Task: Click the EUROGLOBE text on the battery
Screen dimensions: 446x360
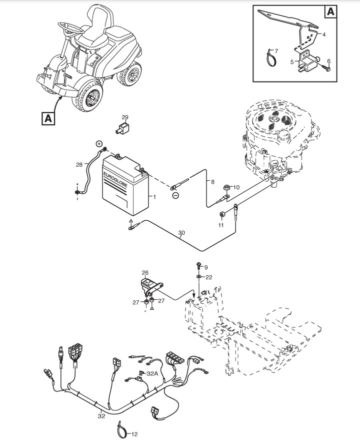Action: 115,178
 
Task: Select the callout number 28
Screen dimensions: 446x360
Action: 79,165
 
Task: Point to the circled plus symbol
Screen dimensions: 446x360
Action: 99,144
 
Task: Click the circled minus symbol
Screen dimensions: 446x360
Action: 175,196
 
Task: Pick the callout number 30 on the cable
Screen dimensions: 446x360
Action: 181,233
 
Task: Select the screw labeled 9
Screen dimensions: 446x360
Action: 198,267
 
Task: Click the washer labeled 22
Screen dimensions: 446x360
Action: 198,276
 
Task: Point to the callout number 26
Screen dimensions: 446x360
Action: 145,273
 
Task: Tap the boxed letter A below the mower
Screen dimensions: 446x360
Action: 48,118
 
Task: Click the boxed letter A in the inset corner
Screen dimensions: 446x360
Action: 330,11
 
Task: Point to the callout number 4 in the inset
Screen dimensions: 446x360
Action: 323,35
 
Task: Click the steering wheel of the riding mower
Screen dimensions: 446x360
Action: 67,26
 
